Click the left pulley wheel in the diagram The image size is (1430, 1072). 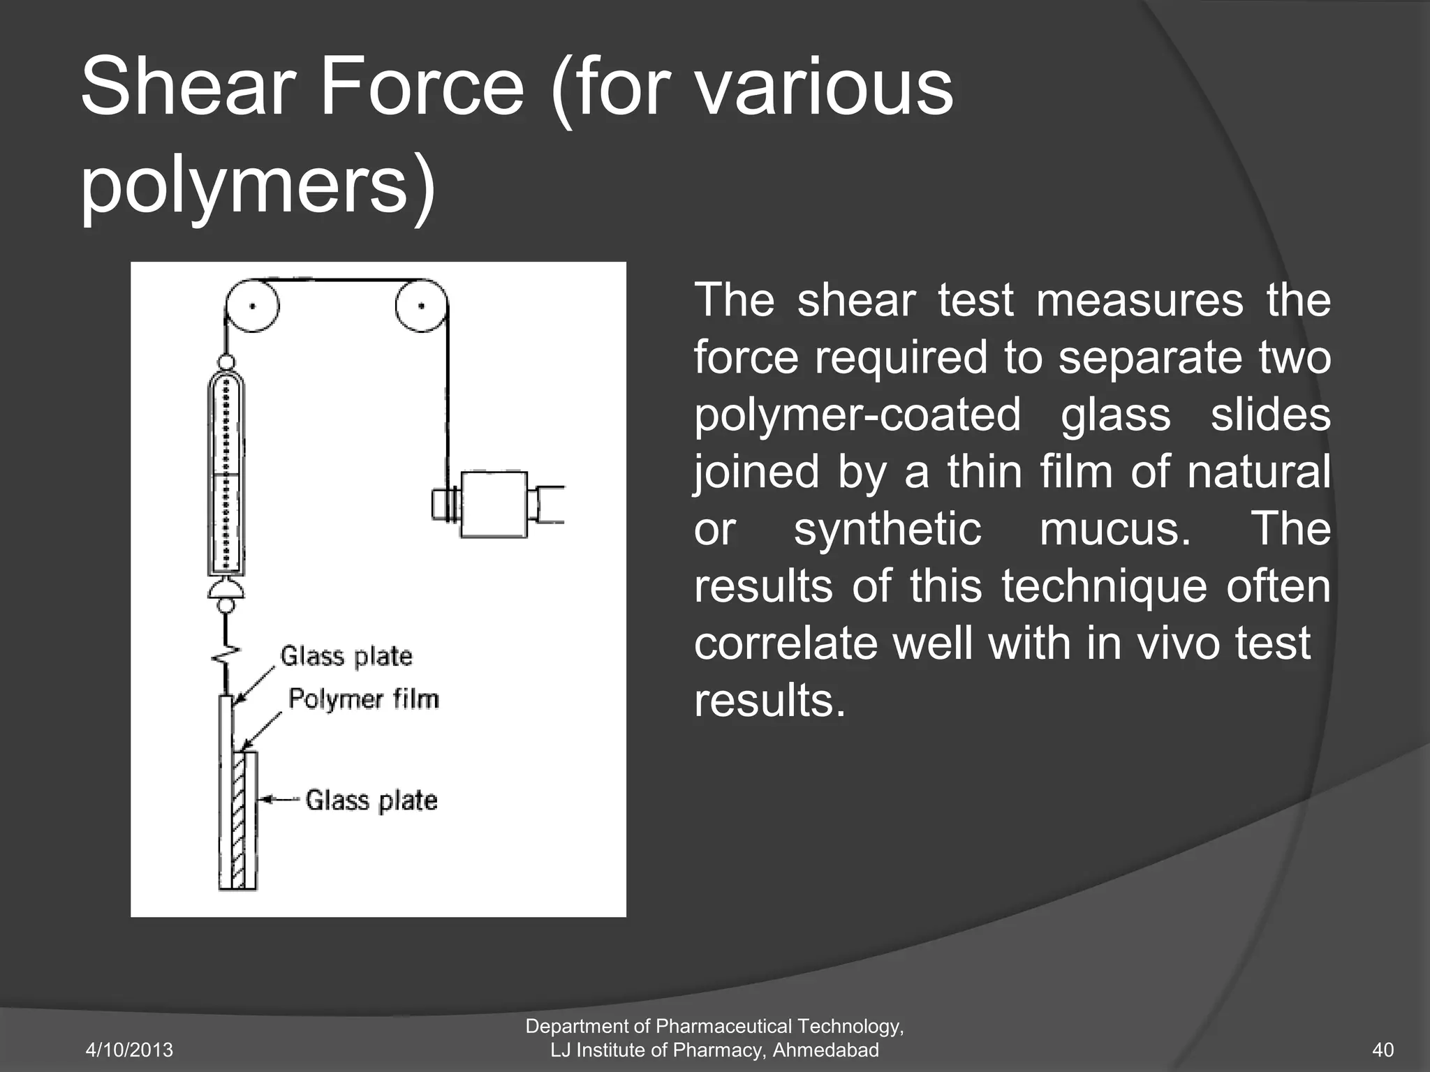[x=253, y=306]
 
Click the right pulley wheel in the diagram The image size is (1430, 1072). [x=421, y=306]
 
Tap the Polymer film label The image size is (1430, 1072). [x=364, y=699]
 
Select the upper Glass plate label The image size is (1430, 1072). [x=346, y=656]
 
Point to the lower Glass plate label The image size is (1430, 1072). [x=371, y=800]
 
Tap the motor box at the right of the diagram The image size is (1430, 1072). [x=494, y=504]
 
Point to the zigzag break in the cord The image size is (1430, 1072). [x=226, y=655]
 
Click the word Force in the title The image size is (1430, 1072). [x=422, y=89]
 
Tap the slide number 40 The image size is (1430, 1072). [x=1383, y=1050]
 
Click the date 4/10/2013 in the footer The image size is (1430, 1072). [x=129, y=1050]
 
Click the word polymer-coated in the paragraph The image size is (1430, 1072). [x=857, y=414]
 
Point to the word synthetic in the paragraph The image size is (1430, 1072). [x=887, y=528]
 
